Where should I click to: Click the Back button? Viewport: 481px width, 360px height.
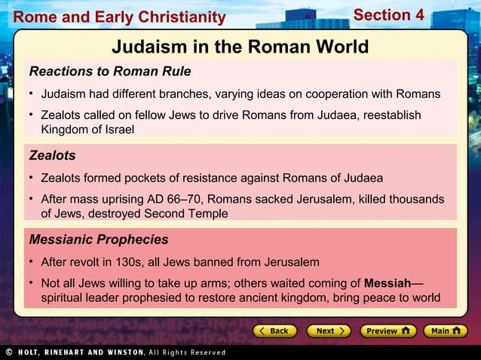pos(272,331)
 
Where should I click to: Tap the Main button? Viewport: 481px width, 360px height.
pos(445,331)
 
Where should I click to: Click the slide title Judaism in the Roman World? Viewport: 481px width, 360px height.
pos(240,47)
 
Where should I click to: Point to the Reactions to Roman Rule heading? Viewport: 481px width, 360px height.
pos(109,72)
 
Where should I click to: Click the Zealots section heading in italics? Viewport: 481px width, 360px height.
pos(52,156)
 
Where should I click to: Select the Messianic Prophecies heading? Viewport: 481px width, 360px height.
pos(98,240)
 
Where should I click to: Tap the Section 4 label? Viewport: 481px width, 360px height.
pos(388,15)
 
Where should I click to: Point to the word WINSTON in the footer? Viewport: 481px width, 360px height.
pos(124,352)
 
